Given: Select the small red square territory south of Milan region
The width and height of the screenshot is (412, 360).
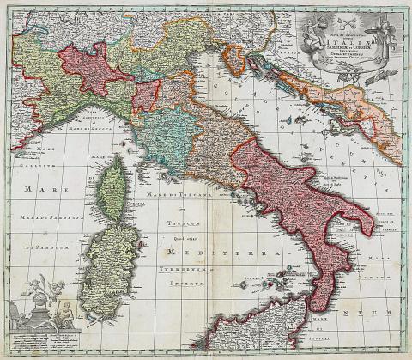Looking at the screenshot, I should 146,95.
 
